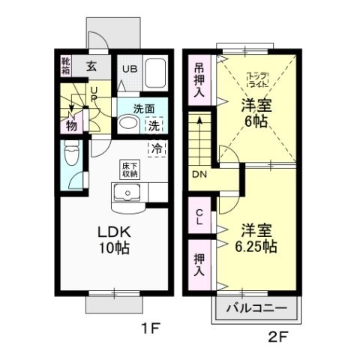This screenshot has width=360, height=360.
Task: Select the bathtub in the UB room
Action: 154,76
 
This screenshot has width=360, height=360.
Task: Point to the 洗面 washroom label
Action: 134,107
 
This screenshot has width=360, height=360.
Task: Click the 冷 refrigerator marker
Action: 157,148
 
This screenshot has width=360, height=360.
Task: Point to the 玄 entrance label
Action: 91,66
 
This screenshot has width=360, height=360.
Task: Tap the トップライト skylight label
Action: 257,77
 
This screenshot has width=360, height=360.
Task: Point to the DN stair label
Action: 199,175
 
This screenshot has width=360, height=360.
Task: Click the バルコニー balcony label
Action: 257,308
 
